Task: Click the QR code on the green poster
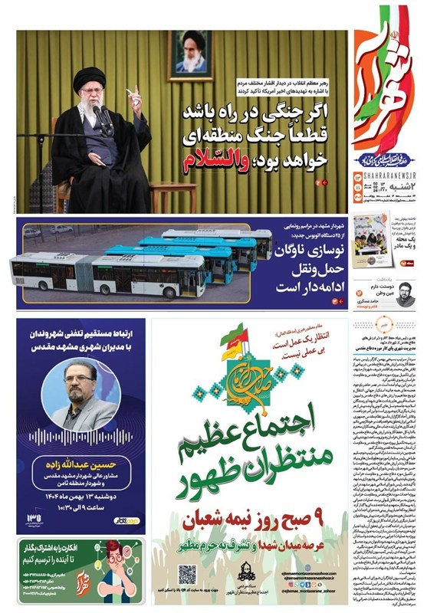[188, 574]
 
